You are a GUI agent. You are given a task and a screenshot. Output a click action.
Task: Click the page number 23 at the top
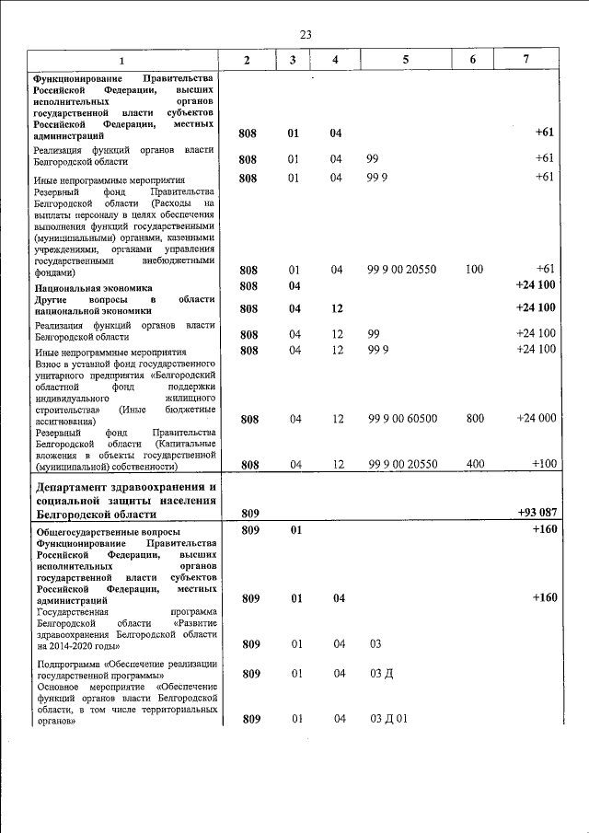pos(306,34)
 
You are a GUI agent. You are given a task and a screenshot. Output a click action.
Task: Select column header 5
pos(405,60)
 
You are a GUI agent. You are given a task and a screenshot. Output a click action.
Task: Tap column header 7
pos(525,60)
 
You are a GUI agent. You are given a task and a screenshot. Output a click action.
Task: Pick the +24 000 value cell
pos(536,419)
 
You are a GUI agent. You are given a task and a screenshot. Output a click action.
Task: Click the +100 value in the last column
pos(542,464)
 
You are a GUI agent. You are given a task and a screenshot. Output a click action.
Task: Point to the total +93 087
pos(536,512)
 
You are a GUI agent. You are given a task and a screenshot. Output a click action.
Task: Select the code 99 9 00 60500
pos(402,419)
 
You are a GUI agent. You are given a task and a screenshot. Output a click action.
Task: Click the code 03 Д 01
pos(387,719)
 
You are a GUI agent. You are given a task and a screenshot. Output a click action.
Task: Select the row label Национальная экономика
pos(93,288)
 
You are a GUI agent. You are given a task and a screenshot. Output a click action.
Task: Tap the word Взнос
pos(48,364)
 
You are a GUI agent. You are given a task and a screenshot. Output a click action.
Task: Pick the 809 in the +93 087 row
pos(249,512)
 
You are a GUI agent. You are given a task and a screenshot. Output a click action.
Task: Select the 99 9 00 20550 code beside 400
pos(402,464)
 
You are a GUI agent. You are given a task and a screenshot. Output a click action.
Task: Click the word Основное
pos(58,687)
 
